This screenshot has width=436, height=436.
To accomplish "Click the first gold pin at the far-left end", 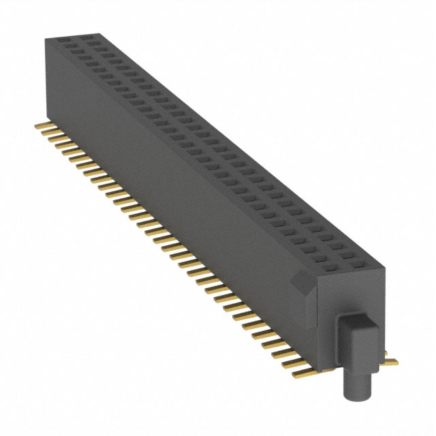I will [x=40, y=125].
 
